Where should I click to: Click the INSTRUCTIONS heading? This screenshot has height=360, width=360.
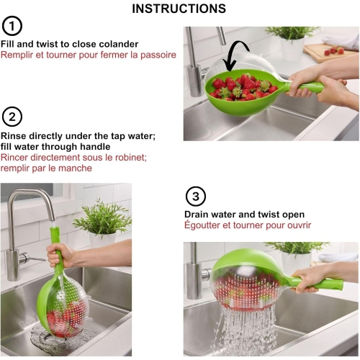(179, 9)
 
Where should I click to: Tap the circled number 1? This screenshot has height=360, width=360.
(12, 27)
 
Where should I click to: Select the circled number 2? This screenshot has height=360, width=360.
(12, 117)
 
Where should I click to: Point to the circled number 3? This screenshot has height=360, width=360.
(195, 197)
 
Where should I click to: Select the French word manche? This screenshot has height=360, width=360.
(78, 168)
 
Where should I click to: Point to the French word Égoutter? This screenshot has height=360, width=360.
(206, 225)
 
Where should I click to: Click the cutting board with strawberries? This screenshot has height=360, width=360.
(330, 52)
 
